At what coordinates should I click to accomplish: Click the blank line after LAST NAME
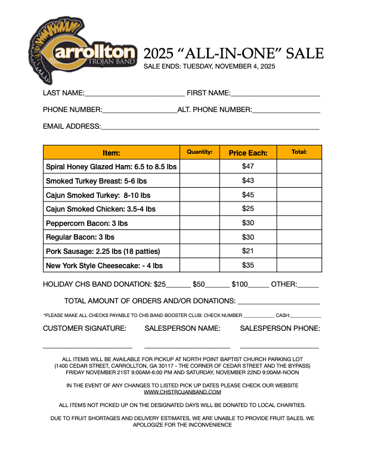click(x=135, y=95)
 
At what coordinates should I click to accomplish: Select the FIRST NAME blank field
click(x=276, y=95)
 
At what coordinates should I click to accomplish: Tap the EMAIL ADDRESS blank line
click(x=210, y=128)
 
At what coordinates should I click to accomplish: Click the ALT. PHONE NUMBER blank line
click(x=286, y=111)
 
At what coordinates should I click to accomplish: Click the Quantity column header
click(x=199, y=153)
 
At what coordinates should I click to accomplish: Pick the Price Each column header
click(x=248, y=153)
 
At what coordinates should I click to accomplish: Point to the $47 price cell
click(x=248, y=167)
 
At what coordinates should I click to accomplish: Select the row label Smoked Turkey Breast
click(x=96, y=181)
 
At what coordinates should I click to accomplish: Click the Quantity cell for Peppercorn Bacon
click(x=199, y=223)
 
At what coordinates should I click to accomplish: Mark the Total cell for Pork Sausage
click(x=299, y=251)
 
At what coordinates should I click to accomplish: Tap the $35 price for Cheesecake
click(x=248, y=265)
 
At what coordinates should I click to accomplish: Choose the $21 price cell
click(x=248, y=251)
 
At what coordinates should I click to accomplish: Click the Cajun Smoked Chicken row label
click(x=101, y=209)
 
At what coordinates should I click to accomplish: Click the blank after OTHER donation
click(x=308, y=286)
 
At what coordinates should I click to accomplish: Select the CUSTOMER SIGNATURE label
click(x=85, y=328)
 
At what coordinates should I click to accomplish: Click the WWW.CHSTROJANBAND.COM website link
click(x=182, y=392)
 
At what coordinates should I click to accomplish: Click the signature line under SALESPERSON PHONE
click(x=279, y=347)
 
